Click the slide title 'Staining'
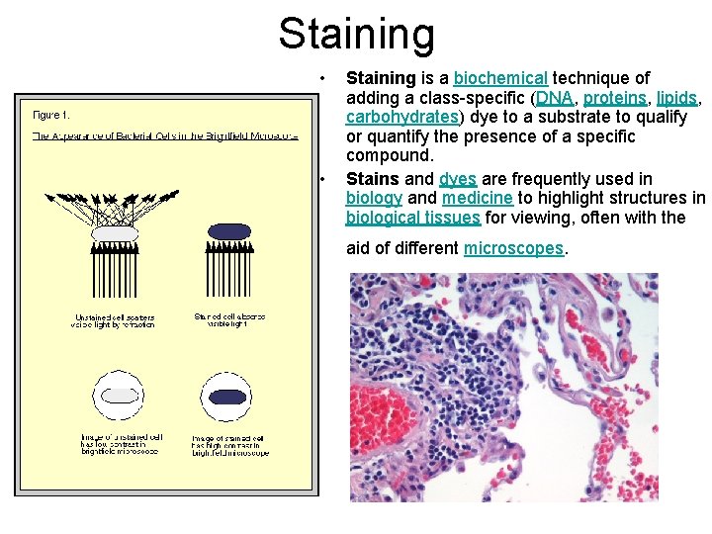(356, 33)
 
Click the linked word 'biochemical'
(500, 78)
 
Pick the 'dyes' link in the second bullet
(458, 179)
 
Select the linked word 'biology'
(374, 199)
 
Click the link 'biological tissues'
(412, 219)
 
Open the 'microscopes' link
(512, 248)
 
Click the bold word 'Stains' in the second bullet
(372, 179)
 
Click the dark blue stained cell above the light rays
(229, 230)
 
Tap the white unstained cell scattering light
(114, 233)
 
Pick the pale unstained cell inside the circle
(119, 396)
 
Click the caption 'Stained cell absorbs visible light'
(229, 320)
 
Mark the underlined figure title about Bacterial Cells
(164, 134)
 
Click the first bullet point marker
(322, 78)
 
